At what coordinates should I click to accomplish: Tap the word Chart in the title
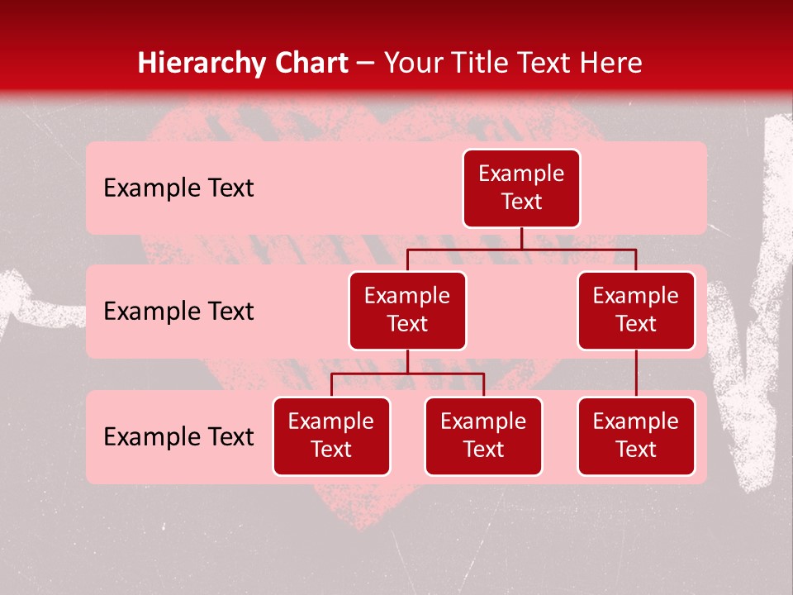coord(307,63)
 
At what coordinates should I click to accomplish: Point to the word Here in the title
coord(612,63)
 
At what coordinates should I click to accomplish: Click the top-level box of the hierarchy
coord(521,188)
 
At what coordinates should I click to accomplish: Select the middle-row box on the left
coord(407,310)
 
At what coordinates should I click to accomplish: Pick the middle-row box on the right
coord(636,310)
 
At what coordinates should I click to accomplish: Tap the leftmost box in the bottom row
coord(331,436)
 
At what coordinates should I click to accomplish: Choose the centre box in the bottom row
coord(483,436)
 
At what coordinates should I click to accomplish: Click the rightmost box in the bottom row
coord(636,436)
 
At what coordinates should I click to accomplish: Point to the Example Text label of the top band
coord(178,188)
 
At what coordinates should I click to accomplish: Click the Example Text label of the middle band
coord(178,311)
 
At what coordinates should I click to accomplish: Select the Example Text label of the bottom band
coord(178,436)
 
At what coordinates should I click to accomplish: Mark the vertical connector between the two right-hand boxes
coord(636,374)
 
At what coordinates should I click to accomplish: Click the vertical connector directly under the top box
coord(521,238)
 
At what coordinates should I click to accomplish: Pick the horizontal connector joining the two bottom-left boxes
coord(407,374)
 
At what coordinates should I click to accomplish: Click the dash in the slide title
coord(366,64)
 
